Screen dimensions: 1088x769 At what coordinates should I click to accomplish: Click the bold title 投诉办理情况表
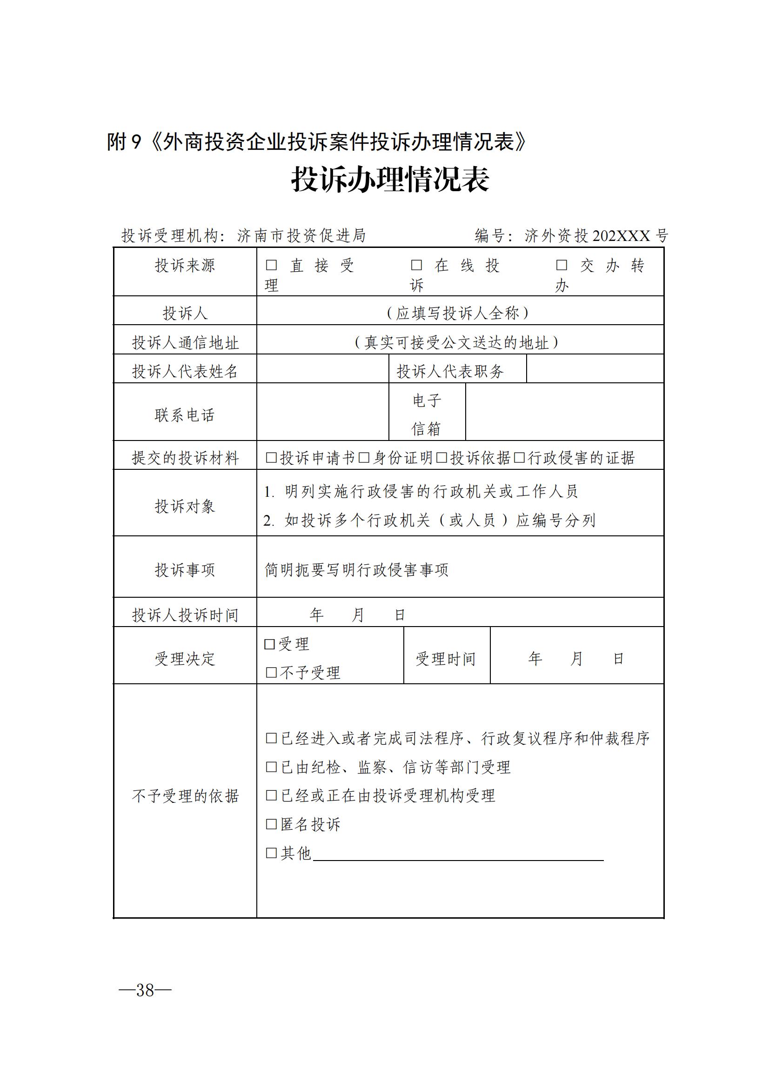tap(389, 180)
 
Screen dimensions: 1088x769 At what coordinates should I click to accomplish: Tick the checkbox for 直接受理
tap(272, 265)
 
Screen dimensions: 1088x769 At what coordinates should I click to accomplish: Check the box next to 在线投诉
tap(416, 265)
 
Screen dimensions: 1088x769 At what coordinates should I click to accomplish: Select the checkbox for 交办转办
tap(562, 265)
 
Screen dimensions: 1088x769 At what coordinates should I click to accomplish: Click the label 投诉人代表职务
tap(450, 372)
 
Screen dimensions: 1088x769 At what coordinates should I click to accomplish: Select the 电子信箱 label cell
tap(427, 414)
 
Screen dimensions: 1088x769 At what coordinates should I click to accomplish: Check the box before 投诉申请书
tap(272, 458)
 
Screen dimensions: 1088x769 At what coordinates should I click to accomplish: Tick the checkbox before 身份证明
tap(364, 458)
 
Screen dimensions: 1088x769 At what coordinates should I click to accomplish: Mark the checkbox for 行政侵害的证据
tap(520, 458)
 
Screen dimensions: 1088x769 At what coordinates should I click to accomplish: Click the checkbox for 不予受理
tap(272, 673)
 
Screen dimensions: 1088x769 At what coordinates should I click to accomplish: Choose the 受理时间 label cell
tap(446, 659)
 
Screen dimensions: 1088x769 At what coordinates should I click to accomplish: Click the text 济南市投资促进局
tap(301, 235)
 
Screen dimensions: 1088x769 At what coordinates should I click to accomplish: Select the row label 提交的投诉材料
tap(185, 458)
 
